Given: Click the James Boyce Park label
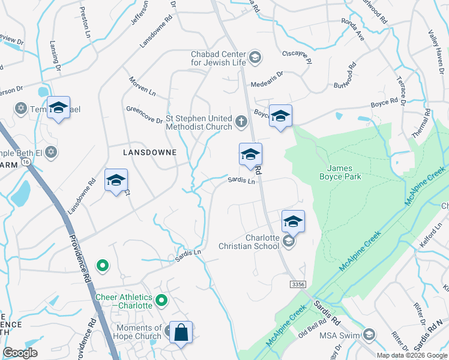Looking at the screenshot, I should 344,173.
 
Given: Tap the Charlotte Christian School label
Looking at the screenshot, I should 262,241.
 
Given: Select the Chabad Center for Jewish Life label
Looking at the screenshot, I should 218,58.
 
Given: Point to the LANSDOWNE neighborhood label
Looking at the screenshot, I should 149,153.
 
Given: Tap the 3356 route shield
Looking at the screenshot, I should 297,283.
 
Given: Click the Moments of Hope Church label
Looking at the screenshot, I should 131,332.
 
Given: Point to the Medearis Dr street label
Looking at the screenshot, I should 267,74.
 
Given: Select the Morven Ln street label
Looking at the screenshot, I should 142,87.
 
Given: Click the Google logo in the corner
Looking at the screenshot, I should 20,353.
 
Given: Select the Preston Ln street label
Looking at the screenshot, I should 83,22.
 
